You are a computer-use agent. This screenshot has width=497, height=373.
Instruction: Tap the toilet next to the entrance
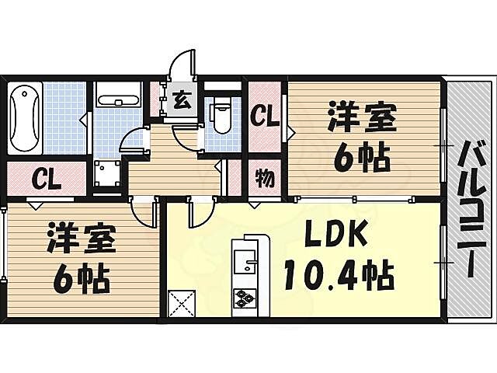coord(222,118)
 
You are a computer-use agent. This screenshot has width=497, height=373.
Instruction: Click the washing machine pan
coord(106,175)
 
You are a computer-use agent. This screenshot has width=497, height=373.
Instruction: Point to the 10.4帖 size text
coord(339,273)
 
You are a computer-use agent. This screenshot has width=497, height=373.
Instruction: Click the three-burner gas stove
coord(245,297)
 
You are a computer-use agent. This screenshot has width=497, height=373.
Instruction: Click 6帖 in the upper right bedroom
coord(361,160)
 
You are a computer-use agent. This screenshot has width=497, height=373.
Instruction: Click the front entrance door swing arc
coord(185,64)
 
